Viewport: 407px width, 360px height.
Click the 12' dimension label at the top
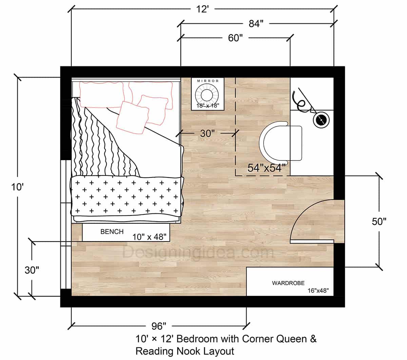click(202, 9)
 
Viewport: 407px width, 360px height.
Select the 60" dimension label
click(235, 38)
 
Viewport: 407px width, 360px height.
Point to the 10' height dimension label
click(17, 187)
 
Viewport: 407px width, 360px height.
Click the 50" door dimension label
click(379, 222)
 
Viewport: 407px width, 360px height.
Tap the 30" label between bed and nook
click(208, 133)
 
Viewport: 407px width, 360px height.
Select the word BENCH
click(112, 232)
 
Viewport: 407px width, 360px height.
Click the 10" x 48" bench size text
click(151, 237)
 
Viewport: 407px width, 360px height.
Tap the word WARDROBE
click(288, 283)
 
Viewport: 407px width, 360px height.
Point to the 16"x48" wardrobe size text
click(318, 291)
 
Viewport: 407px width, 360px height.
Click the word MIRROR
click(208, 81)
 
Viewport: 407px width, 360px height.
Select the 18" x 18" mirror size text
click(208, 106)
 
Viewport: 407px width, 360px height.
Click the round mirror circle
click(208, 94)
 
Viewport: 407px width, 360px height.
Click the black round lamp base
click(320, 120)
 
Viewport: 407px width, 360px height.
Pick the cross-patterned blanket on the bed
click(126, 196)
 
